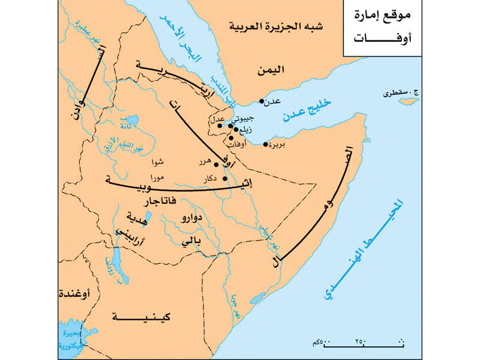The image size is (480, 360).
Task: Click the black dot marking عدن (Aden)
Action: (x=262, y=101)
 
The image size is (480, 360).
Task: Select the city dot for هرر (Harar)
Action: (x=216, y=164)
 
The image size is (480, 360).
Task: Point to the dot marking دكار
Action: (x=225, y=178)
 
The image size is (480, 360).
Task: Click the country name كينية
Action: (x=136, y=316)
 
